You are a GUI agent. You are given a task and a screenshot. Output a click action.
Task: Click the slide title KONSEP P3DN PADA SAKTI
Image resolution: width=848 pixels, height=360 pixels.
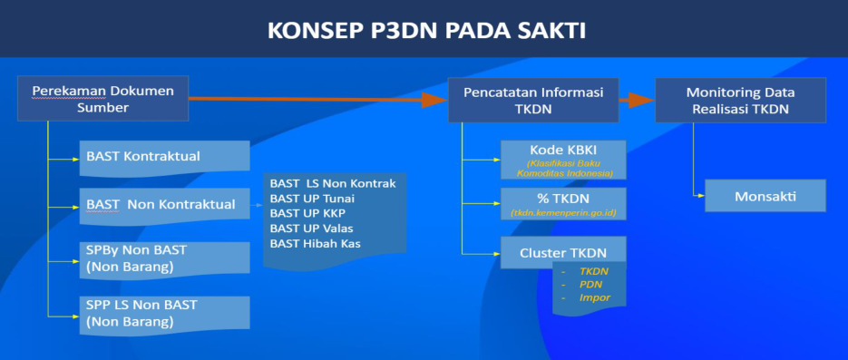(x=426, y=31)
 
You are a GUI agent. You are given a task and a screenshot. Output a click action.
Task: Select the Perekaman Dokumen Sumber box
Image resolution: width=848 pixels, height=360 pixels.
(x=102, y=98)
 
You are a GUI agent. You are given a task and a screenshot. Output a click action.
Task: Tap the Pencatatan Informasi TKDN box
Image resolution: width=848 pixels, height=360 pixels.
(x=533, y=100)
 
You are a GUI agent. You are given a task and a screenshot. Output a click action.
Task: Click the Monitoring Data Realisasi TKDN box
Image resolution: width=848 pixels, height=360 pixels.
(x=740, y=100)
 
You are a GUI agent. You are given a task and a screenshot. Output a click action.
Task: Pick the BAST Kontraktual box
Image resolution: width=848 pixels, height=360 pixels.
(x=164, y=158)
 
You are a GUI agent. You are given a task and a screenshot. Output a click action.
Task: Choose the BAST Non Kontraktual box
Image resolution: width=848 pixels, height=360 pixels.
(x=164, y=206)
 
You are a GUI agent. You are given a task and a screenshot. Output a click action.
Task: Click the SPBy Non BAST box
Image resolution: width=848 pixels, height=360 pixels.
(x=164, y=259)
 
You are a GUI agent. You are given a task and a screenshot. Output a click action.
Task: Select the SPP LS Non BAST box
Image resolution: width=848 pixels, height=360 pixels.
(x=164, y=314)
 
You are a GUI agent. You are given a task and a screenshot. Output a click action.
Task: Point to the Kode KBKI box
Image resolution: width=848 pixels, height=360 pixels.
(x=563, y=160)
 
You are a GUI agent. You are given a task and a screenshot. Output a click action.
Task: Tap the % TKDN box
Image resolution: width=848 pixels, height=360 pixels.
(x=563, y=204)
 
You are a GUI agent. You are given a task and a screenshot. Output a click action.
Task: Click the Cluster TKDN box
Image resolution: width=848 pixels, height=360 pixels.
(x=563, y=252)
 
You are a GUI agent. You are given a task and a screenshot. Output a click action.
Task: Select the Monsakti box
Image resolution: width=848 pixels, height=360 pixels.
(x=765, y=196)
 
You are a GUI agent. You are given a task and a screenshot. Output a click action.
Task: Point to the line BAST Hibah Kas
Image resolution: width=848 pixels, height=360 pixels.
(x=316, y=244)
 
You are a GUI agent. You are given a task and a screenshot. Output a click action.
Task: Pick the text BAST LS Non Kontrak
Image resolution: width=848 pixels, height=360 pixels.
(x=333, y=184)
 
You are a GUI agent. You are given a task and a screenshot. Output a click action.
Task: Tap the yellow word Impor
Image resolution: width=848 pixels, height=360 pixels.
(x=594, y=297)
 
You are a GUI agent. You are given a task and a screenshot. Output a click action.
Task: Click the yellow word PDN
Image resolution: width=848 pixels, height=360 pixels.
(x=590, y=285)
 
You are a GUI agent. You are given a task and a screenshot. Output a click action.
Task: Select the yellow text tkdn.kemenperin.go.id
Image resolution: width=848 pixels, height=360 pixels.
(x=564, y=213)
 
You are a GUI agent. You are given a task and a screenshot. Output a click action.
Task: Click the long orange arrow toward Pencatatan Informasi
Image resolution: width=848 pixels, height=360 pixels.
(x=318, y=99)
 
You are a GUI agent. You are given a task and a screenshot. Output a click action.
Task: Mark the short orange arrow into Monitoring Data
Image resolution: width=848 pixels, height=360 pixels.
(x=637, y=100)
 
